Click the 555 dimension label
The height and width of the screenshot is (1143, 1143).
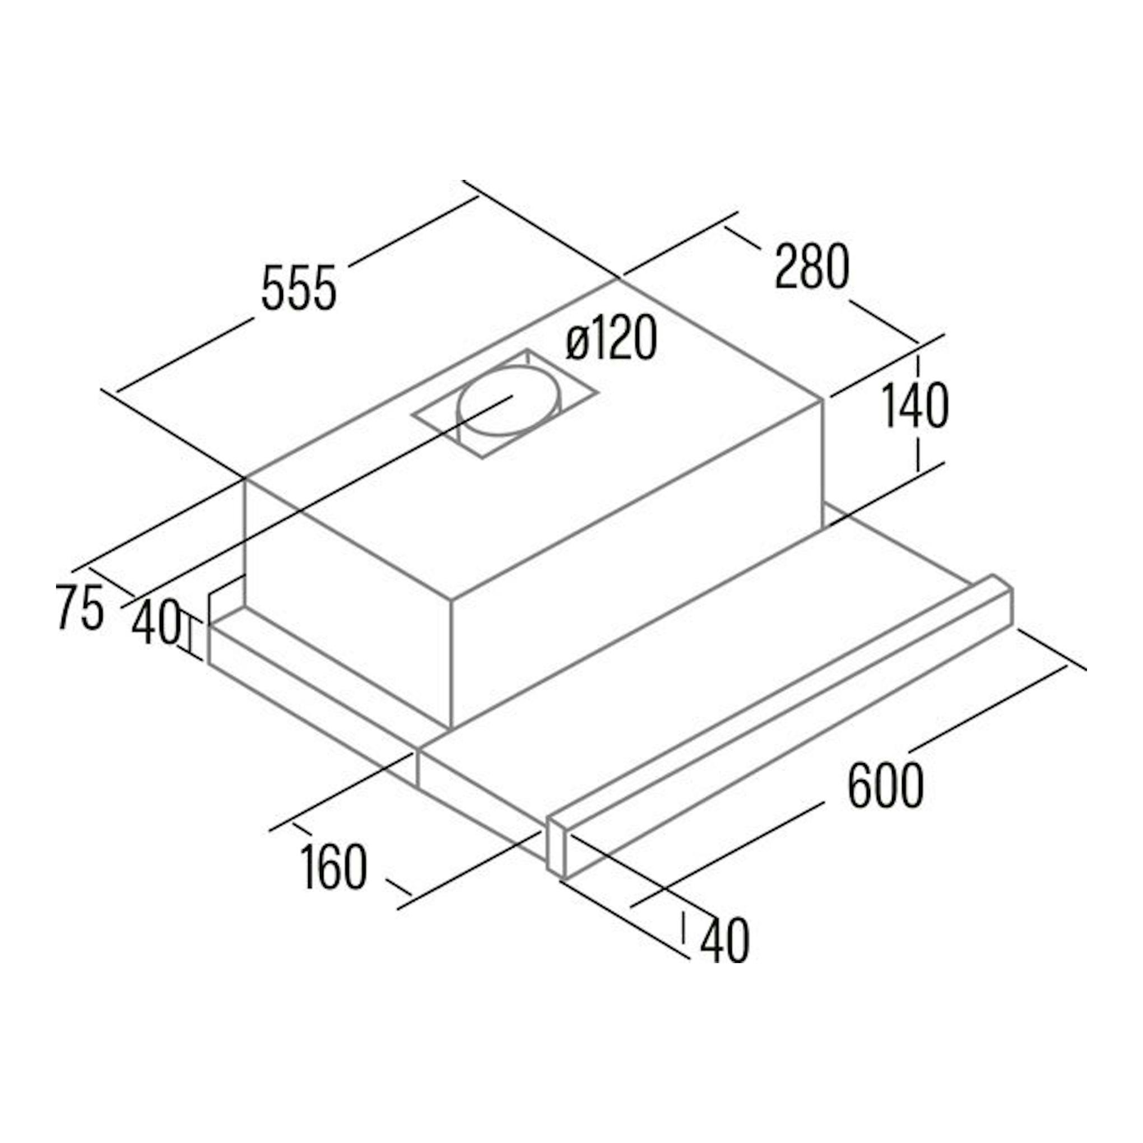[299, 288]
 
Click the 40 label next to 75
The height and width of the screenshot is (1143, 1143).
[155, 622]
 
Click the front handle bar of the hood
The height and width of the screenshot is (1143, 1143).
[780, 734]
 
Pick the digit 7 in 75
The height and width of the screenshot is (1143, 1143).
[67, 606]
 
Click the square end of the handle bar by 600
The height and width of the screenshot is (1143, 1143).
[557, 852]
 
